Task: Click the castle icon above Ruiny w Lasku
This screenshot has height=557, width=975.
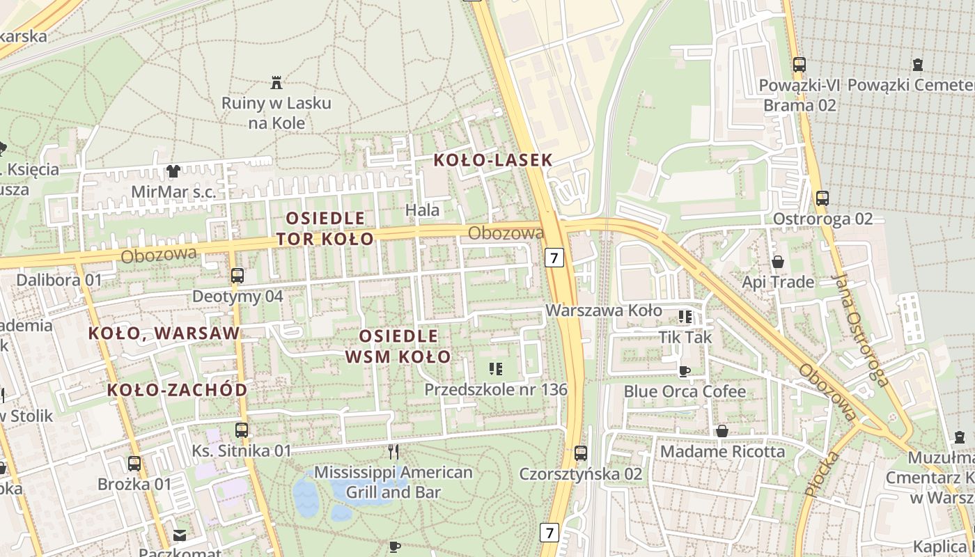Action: [x=277, y=84]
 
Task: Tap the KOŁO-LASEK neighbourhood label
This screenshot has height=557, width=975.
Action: [x=492, y=160]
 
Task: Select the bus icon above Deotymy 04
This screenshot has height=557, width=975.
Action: [x=237, y=276]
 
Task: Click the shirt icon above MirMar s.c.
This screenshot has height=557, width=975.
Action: [x=173, y=171]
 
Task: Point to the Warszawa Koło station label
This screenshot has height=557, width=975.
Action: [x=604, y=310]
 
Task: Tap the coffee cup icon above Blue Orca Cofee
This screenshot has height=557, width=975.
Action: [x=685, y=371]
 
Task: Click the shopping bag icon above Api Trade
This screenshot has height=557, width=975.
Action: [x=778, y=262]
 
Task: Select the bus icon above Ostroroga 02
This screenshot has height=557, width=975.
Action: [x=822, y=198]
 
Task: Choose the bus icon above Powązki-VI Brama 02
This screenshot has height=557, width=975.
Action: [x=799, y=65]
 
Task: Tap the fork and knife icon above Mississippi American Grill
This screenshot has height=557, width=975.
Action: [x=393, y=452]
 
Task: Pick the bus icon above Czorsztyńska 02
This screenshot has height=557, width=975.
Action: [x=581, y=453]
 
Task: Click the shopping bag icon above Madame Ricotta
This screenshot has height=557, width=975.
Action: [x=722, y=431]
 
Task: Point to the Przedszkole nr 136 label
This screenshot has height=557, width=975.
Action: [x=496, y=390]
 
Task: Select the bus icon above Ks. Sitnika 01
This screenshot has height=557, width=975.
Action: [x=242, y=430]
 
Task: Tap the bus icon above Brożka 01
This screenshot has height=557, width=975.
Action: [x=134, y=463]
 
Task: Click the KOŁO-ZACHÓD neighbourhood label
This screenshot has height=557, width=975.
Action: [x=178, y=390]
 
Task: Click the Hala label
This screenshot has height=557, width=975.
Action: [x=423, y=210]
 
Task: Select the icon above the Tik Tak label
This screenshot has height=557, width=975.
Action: [x=685, y=317]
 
